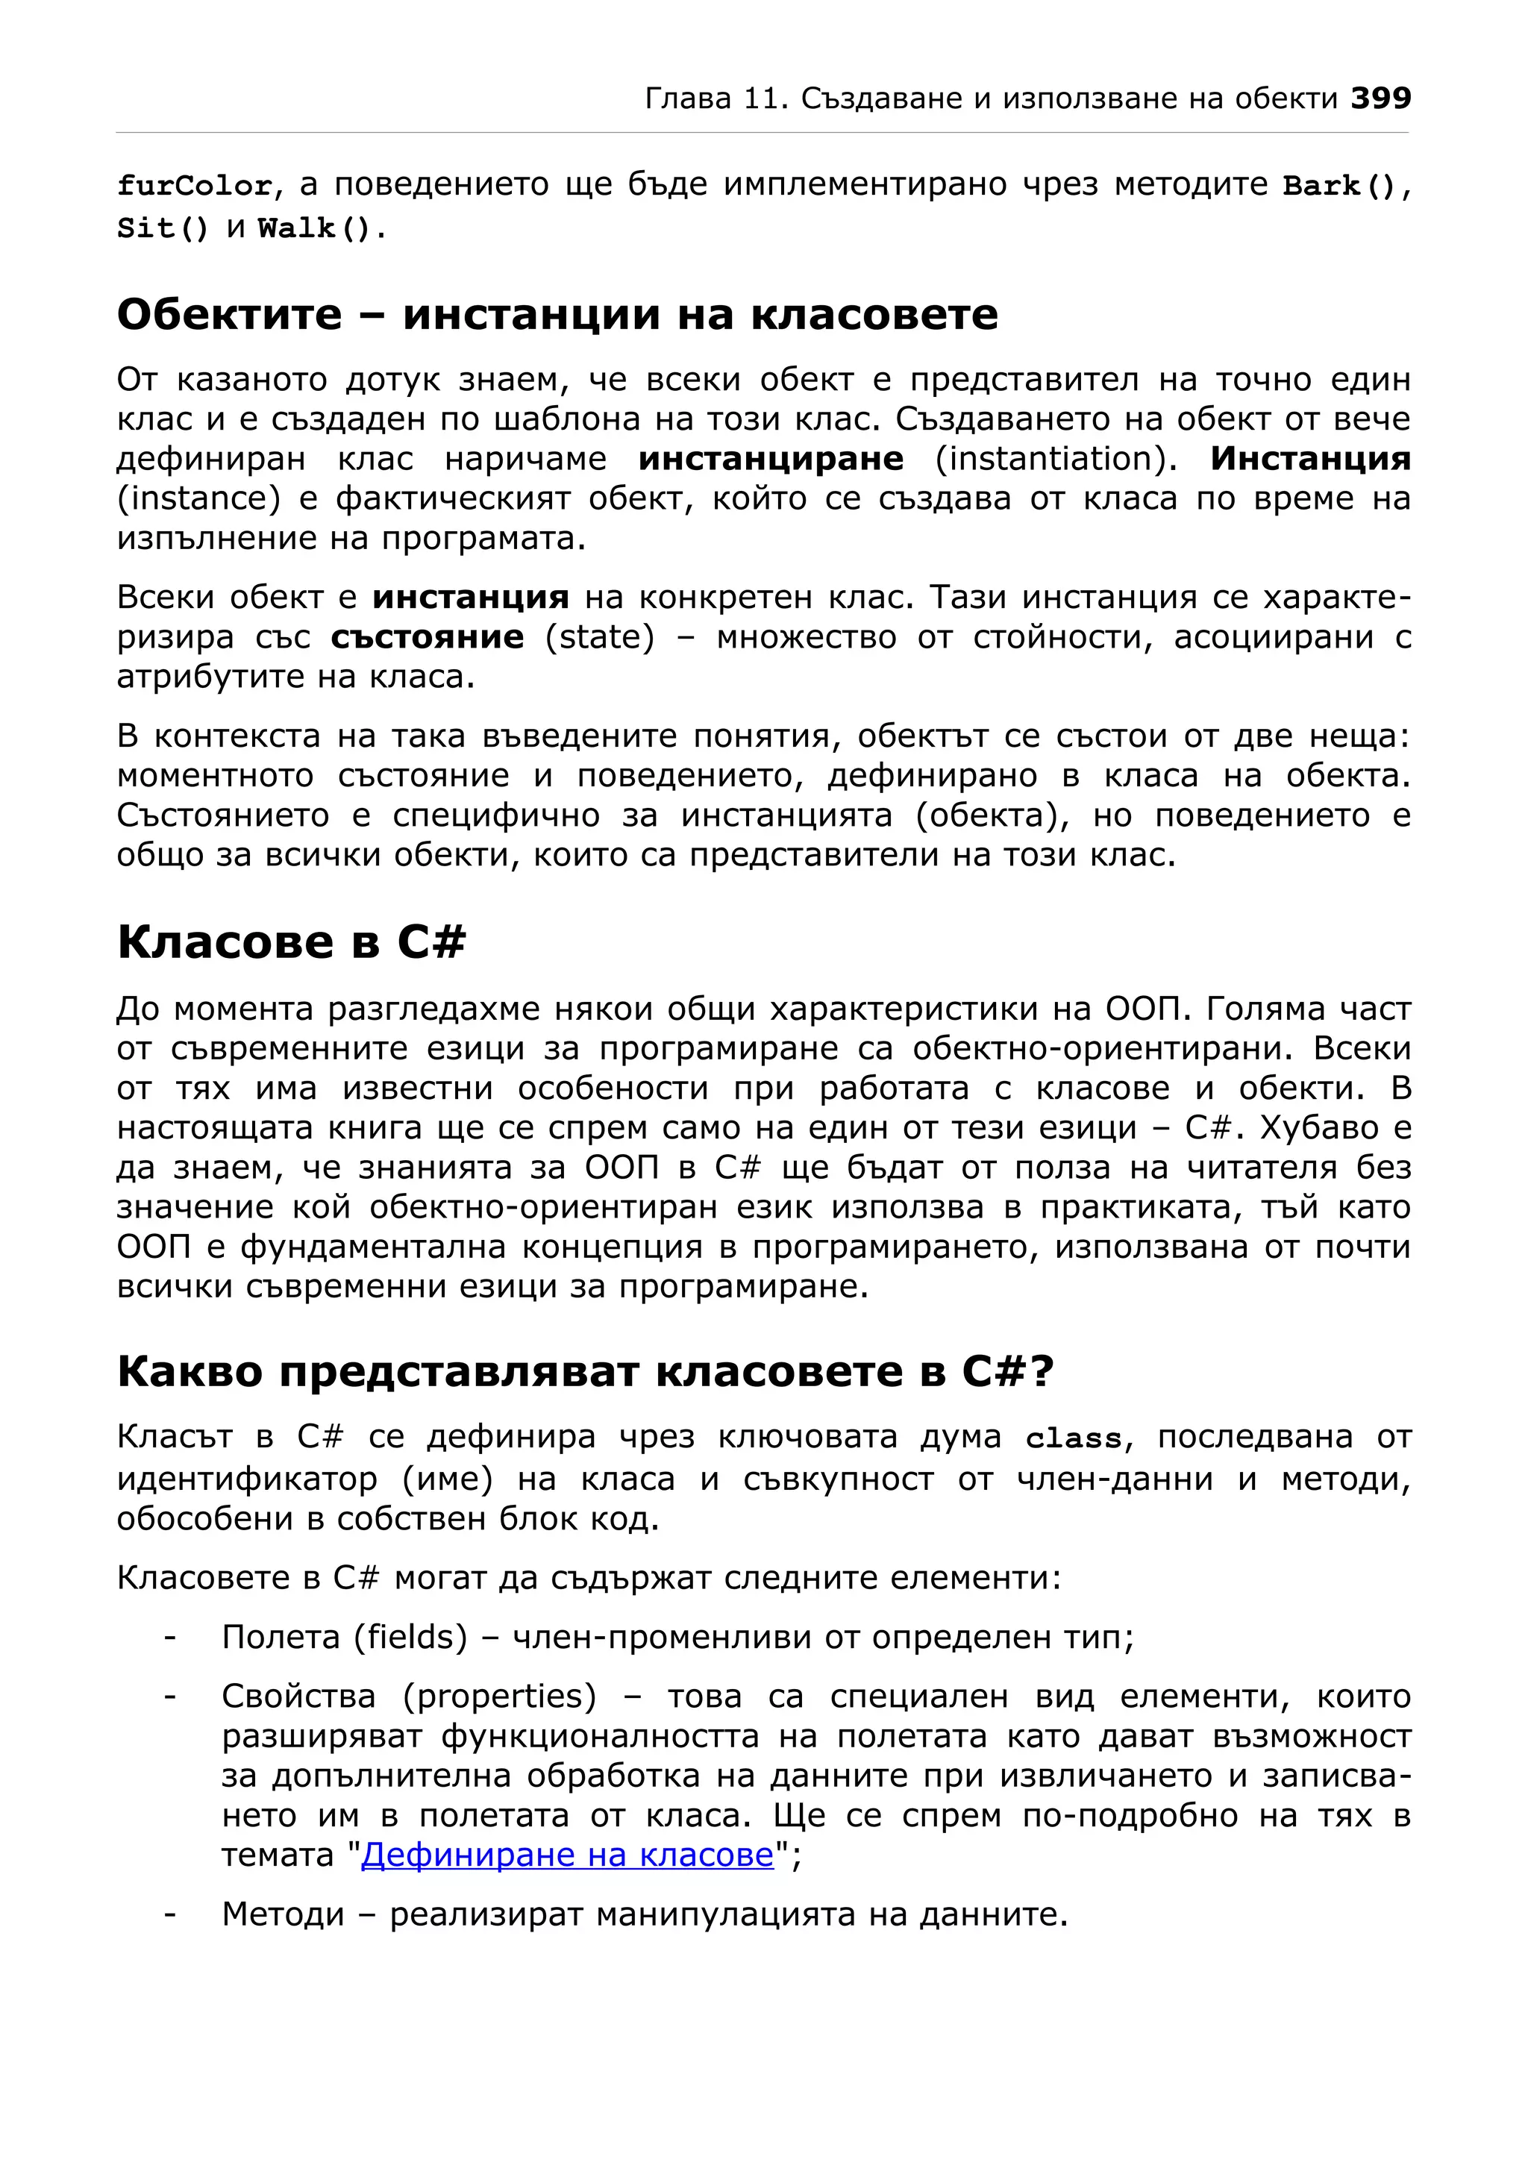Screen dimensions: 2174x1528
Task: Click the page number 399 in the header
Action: point(1380,98)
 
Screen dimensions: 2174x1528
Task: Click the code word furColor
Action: point(195,186)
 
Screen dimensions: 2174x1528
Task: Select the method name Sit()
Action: point(162,228)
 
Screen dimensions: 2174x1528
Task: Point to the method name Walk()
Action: point(316,228)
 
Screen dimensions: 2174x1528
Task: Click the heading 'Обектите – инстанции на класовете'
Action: point(557,314)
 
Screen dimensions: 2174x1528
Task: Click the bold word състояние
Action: point(427,637)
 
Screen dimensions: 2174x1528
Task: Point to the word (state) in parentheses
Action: point(600,637)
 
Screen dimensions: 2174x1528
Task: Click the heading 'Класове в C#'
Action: point(292,942)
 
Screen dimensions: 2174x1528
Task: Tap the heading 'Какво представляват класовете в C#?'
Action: point(585,1372)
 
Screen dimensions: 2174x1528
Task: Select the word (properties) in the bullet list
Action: point(500,1696)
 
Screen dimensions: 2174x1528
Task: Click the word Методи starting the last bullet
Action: point(283,1914)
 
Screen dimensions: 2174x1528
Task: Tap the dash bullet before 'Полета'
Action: point(170,1637)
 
